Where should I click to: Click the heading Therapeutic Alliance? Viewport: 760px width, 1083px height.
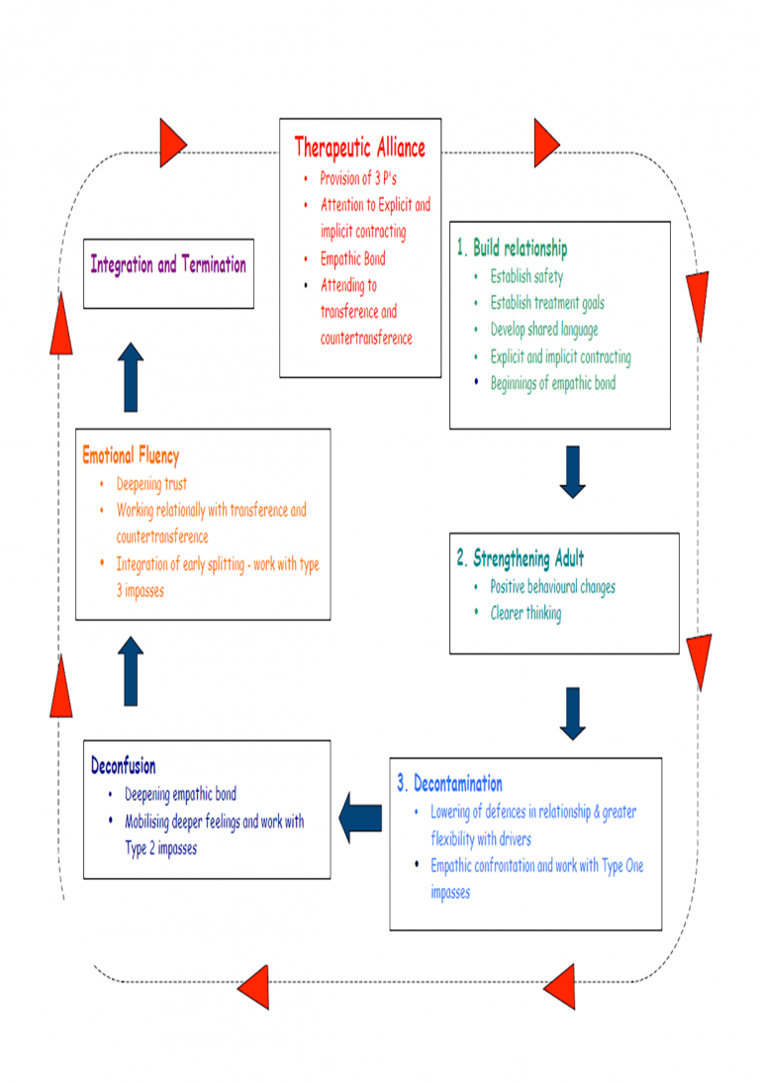pyautogui.click(x=359, y=148)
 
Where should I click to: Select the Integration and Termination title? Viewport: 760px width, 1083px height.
pyautogui.click(x=168, y=265)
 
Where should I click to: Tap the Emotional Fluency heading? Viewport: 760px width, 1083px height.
pyautogui.click(x=131, y=456)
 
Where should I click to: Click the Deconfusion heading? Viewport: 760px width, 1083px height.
pyautogui.click(x=123, y=765)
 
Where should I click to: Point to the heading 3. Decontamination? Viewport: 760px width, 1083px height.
pyautogui.click(x=449, y=784)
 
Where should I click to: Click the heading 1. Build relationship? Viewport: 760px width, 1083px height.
pyautogui.click(x=512, y=248)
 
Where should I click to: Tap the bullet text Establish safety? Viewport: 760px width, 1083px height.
pyautogui.click(x=526, y=277)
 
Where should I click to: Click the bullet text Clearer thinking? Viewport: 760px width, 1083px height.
pyautogui.click(x=525, y=614)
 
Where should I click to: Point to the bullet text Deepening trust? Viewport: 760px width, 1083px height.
pyautogui.click(x=151, y=485)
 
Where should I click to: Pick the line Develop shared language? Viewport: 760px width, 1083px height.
pyautogui.click(x=544, y=330)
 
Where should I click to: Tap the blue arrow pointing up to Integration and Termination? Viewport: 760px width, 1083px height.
pyautogui.click(x=132, y=377)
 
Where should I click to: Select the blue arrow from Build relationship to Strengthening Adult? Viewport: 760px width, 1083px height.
pyautogui.click(x=573, y=471)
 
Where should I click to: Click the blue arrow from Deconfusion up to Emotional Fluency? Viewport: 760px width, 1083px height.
pyautogui.click(x=132, y=671)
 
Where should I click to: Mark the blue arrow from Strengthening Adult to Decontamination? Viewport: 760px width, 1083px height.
pyautogui.click(x=573, y=713)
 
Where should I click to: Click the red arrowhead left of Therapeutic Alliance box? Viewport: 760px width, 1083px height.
pyautogui.click(x=172, y=143)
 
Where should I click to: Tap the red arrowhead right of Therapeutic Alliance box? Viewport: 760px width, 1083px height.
pyautogui.click(x=546, y=143)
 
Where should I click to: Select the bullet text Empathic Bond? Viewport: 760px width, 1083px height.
pyautogui.click(x=352, y=259)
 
